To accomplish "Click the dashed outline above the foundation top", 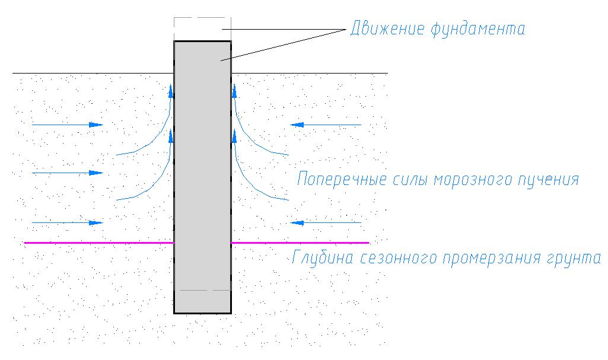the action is pyautogui.click(x=202, y=18).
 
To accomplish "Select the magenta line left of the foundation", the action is pyautogui.click(x=99, y=243).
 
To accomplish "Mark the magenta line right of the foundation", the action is pyautogui.click(x=300, y=243).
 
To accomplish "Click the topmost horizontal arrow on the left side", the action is pyautogui.click(x=68, y=125).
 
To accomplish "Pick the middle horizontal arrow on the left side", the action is pyautogui.click(x=68, y=173).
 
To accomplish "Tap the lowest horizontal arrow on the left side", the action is pyautogui.click(x=68, y=223).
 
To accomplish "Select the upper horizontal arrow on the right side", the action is pyautogui.click(x=326, y=125).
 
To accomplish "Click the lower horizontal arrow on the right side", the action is pyautogui.click(x=326, y=223).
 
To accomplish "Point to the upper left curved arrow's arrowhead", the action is pyautogui.click(x=171, y=91).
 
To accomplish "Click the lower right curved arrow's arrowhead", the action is pyautogui.click(x=234, y=136).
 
